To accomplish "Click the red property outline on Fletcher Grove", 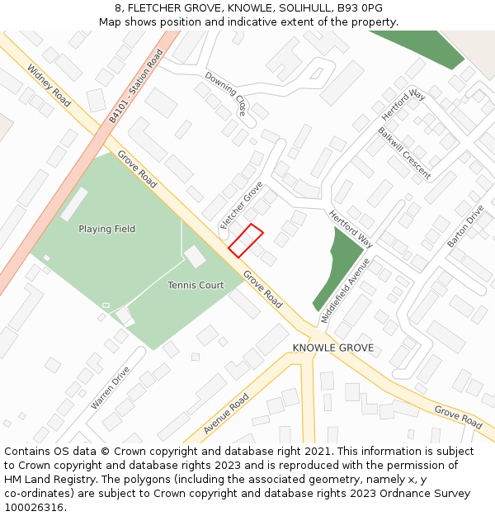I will pyautogui.click(x=245, y=240).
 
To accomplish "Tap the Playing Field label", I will pyautogui.click(x=106, y=229).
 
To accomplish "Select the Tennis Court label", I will pyautogui.click(x=196, y=286).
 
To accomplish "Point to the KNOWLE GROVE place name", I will pyautogui.click(x=332, y=348).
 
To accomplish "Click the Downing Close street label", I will pyautogui.click(x=225, y=93).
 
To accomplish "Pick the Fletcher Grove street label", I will pyautogui.click(x=241, y=205).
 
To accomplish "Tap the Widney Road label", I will pyautogui.click(x=49, y=84).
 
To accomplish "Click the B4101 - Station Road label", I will pyautogui.click(x=136, y=87).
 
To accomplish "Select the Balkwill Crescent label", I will pyautogui.click(x=404, y=153).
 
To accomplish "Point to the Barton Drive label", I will pyautogui.click(x=465, y=225).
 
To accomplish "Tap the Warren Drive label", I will pyautogui.click(x=111, y=388).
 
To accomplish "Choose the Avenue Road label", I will pyautogui.click(x=226, y=414).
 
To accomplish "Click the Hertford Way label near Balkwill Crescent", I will pyautogui.click(x=403, y=105).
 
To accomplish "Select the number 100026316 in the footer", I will pyautogui.click(x=34, y=507).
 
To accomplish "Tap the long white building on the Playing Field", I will pyautogui.click(x=73, y=204).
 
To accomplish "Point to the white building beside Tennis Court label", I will pyautogui.click(x=195, y=257).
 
